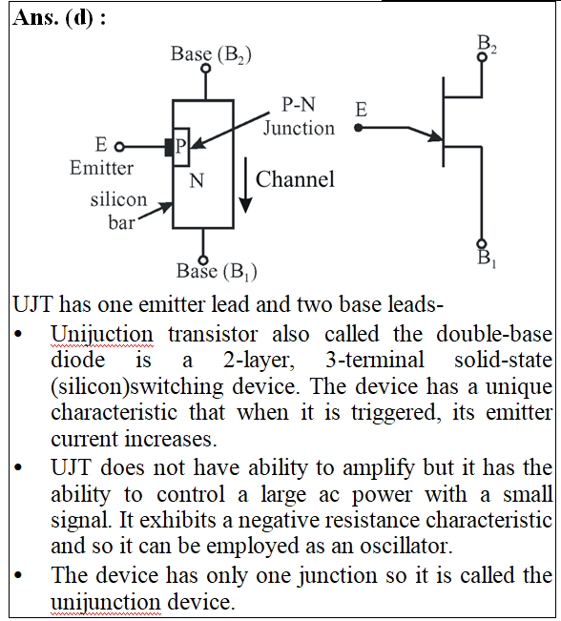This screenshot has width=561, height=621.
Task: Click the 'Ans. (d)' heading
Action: click(x=53, y=17)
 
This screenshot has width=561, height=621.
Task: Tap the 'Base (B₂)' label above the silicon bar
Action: click(x=211, y=54)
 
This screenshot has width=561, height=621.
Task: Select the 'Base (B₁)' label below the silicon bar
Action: click(x=217, y=272)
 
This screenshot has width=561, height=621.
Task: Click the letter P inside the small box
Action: click(x=180, y=146)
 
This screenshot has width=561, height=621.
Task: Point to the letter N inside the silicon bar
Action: click(x=197, y=180)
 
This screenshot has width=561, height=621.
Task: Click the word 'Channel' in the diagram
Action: click(x=295, y=179)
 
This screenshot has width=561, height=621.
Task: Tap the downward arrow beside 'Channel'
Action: click(x=245, y=185)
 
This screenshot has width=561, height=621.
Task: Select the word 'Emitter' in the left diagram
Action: click(x=101, y=168)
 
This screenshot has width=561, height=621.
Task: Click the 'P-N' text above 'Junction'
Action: click(x=299, y=105)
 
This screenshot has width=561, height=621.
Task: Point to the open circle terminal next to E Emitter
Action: click(x=119, y=147)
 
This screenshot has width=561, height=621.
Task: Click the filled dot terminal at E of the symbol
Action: click(x=358, y=128)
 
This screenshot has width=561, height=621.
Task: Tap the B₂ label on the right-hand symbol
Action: click(x=487, y=43)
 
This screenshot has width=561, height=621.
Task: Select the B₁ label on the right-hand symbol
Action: click(x=487, y=258)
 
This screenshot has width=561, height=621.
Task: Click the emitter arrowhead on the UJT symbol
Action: click(x=436, y=136)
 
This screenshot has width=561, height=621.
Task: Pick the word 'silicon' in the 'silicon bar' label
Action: click(x=118, y=199)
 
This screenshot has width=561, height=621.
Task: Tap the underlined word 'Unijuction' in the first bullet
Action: click(x=102, y=335)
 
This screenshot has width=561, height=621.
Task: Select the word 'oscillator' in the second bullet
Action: click(x=405, y=547)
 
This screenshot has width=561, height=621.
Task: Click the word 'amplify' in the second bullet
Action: click(x=379, y=468)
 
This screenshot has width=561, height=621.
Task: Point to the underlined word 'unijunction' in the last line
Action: click(x=106, y=602)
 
